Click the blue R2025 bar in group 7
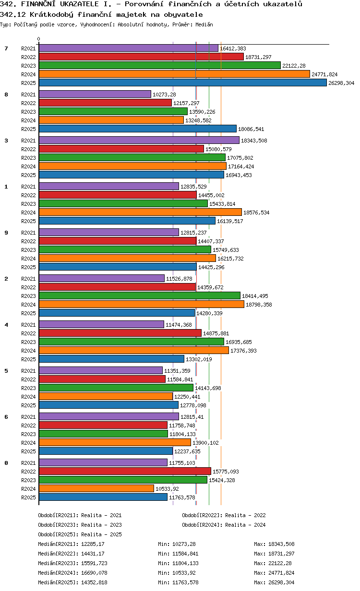point(182,83)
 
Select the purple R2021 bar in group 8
point(95,95)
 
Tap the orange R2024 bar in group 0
point(96,488)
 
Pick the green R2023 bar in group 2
point(139,296)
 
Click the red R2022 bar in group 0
point(125,471)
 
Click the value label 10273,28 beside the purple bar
point(164,95)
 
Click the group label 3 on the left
point(6,141)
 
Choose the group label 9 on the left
point(6,233)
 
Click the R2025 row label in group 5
point(28,405)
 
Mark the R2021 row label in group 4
point(28,325)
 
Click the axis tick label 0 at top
point(39,39)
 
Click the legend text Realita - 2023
point(101,525)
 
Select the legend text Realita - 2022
point(245,515)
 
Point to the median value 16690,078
point(95,573)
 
